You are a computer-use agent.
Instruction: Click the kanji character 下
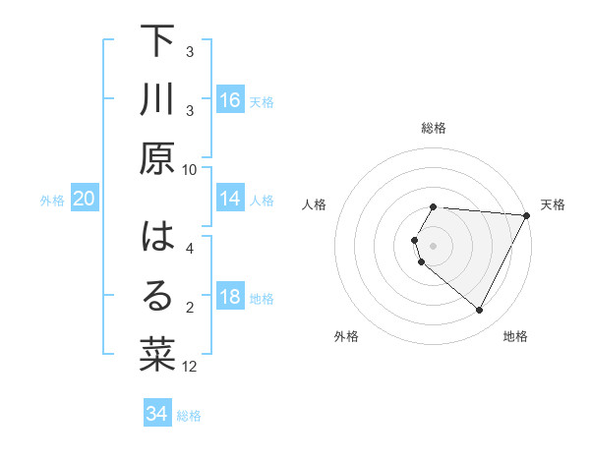pyautogui.click(x=157, y=42)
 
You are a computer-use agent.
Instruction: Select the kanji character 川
pyautogui.click(x=157, y=100)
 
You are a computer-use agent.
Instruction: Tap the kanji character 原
pyautogui.click(x=157, y=158)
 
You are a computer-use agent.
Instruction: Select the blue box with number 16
pyautogui.click(x=230, y=99)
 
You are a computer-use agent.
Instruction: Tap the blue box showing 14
pyautogui.click(x=230, y=199)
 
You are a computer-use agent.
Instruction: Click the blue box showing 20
pyautogui.click(x=84, y=199)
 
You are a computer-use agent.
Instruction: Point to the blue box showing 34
pyautogui.click(x=156, y=414)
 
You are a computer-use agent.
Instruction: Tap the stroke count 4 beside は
pyautogui.click(x=190, y=249)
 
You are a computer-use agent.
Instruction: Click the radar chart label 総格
pyautogui.click(x=434, y=129)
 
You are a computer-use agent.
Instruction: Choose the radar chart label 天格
pyautogui.click(x=553, y=204)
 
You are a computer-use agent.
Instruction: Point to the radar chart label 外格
pyautogui.click(x=346, y=337)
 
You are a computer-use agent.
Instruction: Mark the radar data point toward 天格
pyautogui.click(x=527, y=215)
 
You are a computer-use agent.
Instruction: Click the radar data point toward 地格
pyautogui.click(x=480, y=311)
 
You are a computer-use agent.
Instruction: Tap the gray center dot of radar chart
pyautogui.click(x=434, y=245)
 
